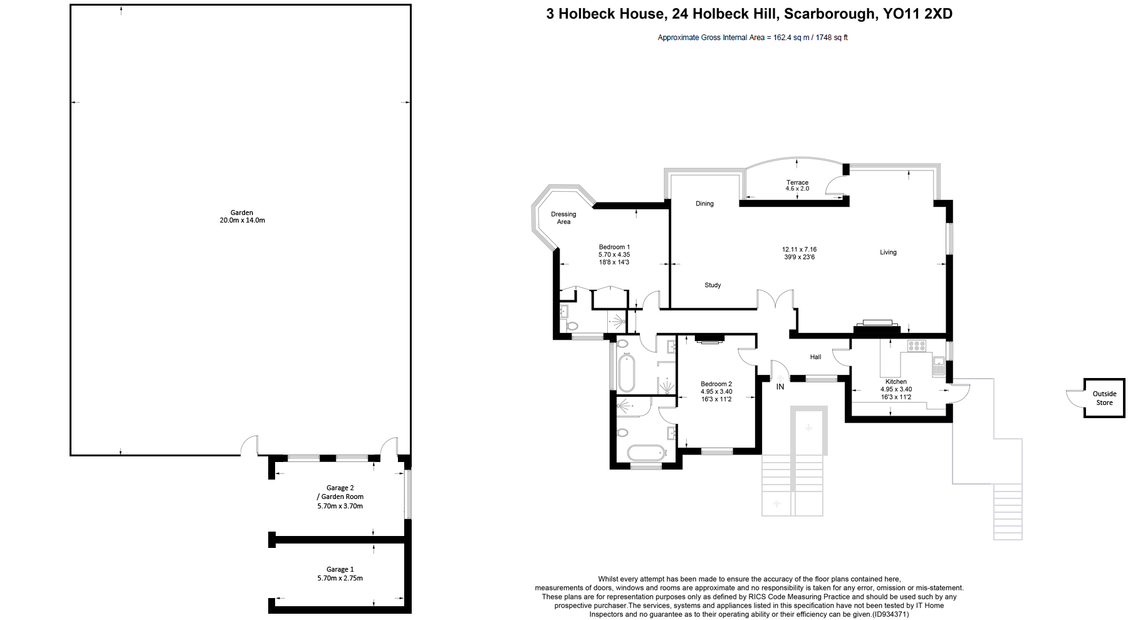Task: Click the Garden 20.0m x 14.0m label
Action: tap(242, 216)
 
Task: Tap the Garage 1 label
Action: tap(340, 569)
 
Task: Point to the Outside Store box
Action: tap(1104, 398)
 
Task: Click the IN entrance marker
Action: tap(780, 387)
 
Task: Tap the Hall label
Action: tap(815, 357)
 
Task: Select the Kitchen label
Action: tap(896, 381)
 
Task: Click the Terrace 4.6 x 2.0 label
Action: tap(797, 186)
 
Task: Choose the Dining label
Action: tap(704, 204)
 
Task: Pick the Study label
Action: tap(713, 285)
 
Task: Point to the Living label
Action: tap(888, 252)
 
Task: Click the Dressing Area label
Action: tap(563, 218)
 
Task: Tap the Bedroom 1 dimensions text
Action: tap(614, 258)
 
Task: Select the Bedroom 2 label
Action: tap(716, 384)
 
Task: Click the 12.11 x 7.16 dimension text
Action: tap(799, 250)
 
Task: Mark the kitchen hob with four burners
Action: tap(917, 345)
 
